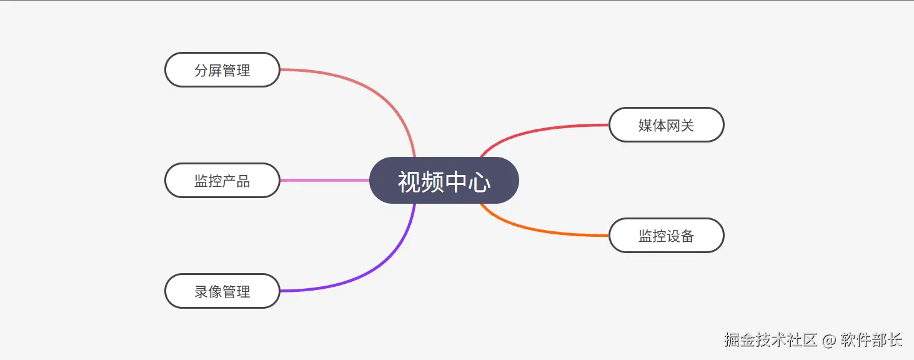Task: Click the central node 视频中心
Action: point(444,181)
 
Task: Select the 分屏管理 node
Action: point(222,70)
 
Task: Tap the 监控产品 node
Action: point(222,181)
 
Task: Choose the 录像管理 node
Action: point(222,291)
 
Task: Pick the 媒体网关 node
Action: point(666,125)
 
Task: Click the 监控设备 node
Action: point(666,236)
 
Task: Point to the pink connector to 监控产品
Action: point(325,180)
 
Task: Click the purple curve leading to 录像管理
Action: point(375,269)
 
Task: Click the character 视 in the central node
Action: point(409,182)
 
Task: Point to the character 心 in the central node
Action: point(480,182)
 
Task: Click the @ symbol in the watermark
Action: point(828,341)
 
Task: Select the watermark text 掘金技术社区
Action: point(770,340)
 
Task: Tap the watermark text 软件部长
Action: point(871,340)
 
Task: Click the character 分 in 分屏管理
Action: point(201,71)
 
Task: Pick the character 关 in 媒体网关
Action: point(687,126)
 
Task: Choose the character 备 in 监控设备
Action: point(687,236)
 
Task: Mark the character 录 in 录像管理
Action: point(201,292)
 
